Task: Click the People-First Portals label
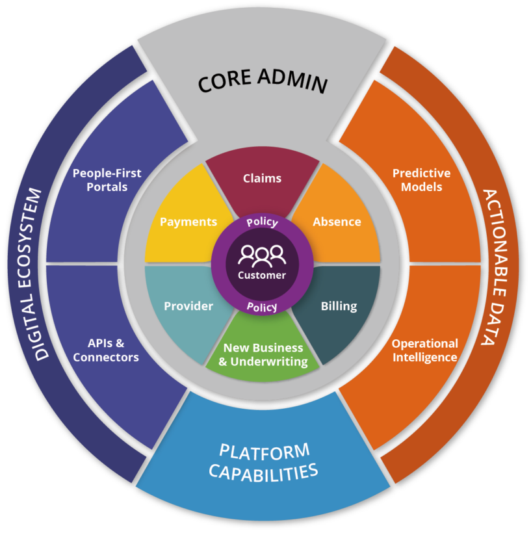[x=107, y=180]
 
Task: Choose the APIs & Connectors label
[x=105, y=350]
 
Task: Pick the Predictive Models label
[x=421, y=180]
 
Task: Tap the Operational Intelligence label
[x=424, y=350]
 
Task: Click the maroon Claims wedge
[x=262, y=178]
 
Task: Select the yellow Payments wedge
[x=188, y=222]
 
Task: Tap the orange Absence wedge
[x=337, y=222]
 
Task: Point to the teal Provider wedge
[x=188, y=306]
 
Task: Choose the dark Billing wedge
[x=339, y=306]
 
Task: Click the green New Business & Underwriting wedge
[x=263, y=355]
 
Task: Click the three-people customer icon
[x=261, y=255]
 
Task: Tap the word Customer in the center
[x=262, y=275]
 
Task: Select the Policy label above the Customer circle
[x=262, y=222]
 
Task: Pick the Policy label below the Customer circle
[x=262, y=306]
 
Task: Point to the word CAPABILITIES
[x=263, y=472]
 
